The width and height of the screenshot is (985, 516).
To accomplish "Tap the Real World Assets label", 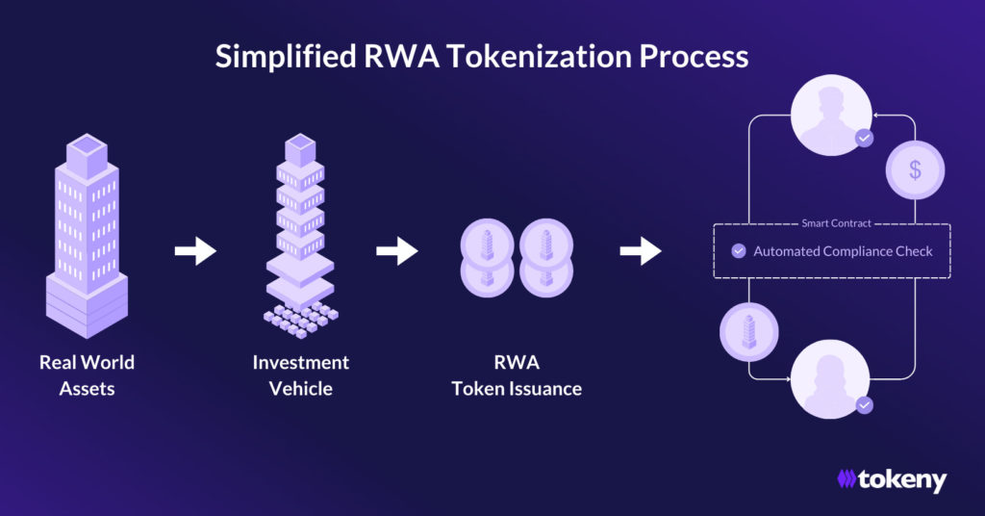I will (87, 375).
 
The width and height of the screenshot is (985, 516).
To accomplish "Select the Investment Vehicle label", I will (300, 375).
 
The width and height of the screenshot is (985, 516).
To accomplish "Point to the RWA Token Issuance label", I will (517, 375).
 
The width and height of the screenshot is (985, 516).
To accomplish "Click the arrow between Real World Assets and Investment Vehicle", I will (195, 252).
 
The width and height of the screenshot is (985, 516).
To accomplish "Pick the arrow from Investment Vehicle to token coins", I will (396, 252).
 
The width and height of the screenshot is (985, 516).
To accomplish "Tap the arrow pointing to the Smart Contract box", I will (640, 252).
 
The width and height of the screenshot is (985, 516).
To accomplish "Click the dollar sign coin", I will (915, 170).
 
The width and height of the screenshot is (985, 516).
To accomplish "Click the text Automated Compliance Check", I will (843, 251).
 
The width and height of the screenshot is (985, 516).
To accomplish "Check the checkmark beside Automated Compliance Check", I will (738, 251).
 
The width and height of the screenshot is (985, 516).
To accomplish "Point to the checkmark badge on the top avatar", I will (864, 139).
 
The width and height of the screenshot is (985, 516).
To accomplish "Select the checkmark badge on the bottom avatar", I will (864, 405).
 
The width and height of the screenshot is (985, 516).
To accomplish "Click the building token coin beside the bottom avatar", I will (748, 332).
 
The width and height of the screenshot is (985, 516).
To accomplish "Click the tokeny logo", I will (892, 478).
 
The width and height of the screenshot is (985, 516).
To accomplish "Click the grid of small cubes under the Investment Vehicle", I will (300, 319).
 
